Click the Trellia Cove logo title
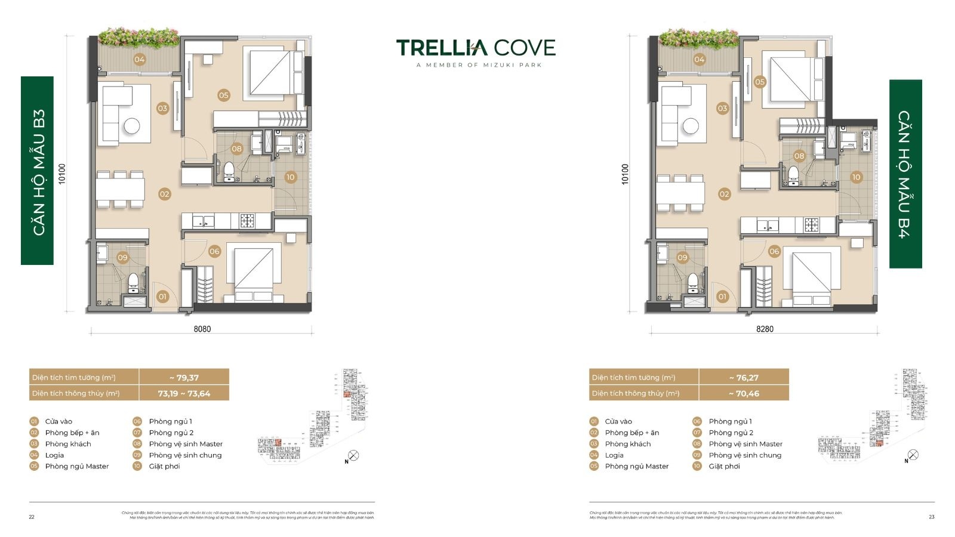click(476, 48)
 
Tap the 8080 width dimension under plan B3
click(202, 329)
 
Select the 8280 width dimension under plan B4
click(765, 329)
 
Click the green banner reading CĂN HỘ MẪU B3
click(38, 171)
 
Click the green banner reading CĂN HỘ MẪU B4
click(905, 174)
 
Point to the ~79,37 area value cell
click(184, 377)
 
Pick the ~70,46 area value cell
click(744, 393)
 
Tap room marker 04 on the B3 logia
click(139, 59)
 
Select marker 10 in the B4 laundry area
click(856, 177)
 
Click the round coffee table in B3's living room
click(131, 126)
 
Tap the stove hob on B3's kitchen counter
click(247, 221)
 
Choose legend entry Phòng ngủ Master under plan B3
click(76, 466)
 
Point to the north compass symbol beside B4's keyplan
click(912, 455)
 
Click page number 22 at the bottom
click(32, 517)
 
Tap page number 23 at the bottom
click(932, 517)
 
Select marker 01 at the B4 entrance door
click(722, 296)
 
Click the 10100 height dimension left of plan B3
click(62, 174)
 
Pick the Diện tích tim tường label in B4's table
click(633, 377)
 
